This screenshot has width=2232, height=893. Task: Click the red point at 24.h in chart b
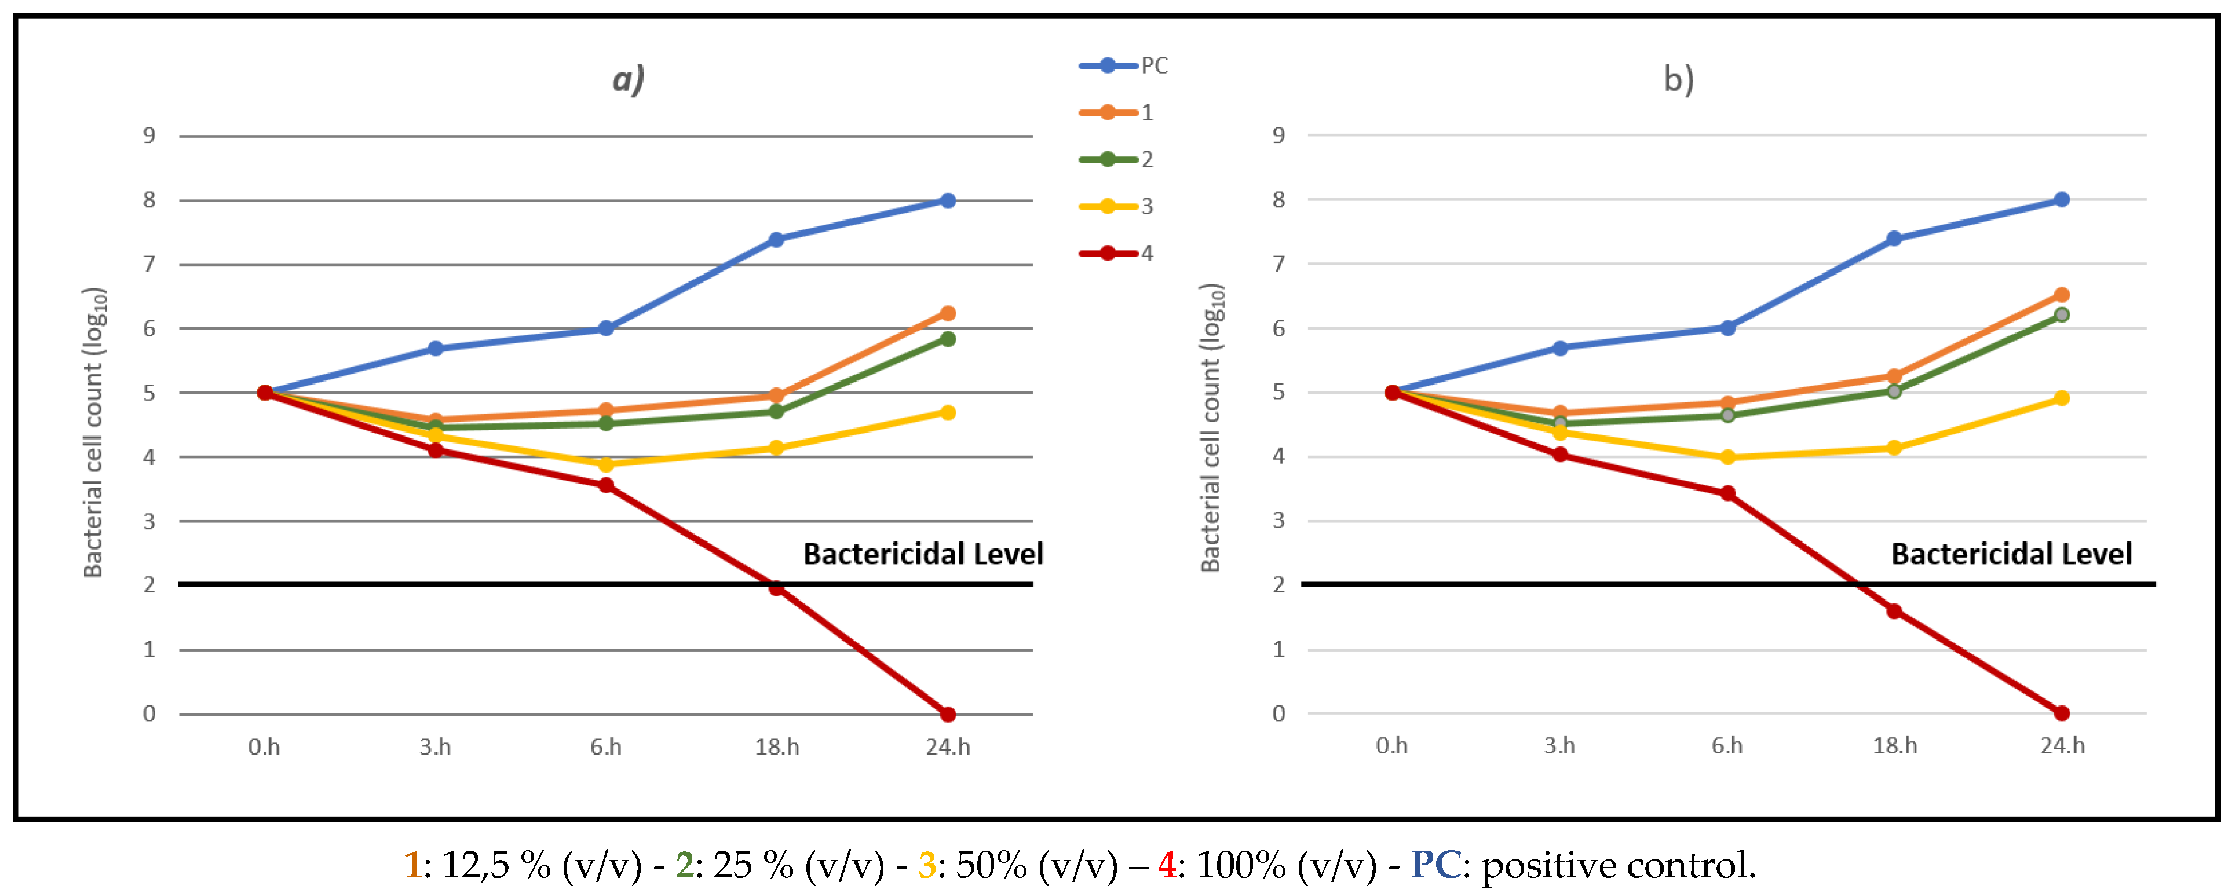coord(2061,713)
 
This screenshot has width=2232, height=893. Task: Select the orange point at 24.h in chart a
coord(948,313)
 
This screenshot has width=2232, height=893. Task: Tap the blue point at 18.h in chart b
coord(1894,238)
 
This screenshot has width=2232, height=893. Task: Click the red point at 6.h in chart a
coord(606,485)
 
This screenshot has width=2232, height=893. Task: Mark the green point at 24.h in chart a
coord(948,339)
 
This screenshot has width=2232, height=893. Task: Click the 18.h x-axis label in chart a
coord(776,746)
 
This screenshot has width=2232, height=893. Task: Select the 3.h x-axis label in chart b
coord(1559,746)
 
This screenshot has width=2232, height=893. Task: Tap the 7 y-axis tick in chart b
coord(1278,263)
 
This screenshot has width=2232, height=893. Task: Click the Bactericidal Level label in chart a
coord(923,554)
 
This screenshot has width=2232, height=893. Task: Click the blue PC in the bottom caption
coord(1435,865)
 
